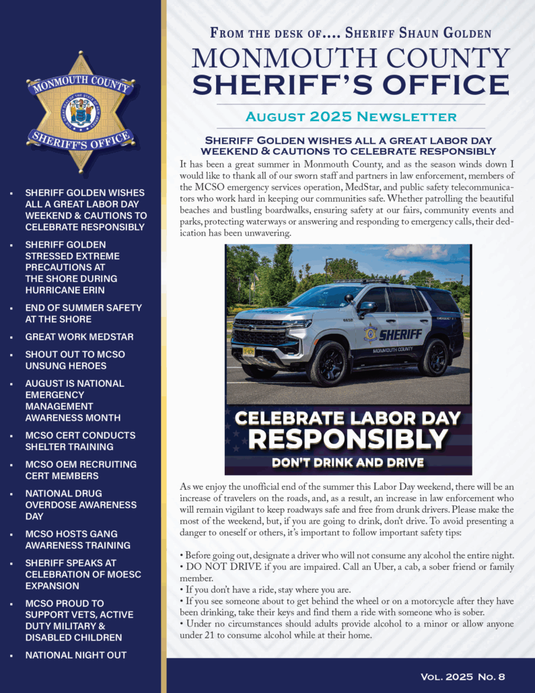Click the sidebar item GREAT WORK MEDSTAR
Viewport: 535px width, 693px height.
pos(79,336)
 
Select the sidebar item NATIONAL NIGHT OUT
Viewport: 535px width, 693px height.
pos(75,655)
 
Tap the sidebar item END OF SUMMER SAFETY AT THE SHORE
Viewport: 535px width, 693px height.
pos(83,313)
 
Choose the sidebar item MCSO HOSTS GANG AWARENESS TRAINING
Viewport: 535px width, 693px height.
pos(78,540)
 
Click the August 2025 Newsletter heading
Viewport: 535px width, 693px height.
pos(351,116)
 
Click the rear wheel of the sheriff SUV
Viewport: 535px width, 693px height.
pos(433,357)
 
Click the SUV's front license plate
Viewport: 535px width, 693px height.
pos(248,351)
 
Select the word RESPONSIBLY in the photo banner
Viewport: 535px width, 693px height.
pos(348,440)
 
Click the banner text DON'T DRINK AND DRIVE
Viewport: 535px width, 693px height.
pos(348,462)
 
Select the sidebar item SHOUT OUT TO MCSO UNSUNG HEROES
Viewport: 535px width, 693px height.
pos(75,360)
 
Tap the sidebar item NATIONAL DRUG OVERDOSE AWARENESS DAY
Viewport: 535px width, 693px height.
pos(81,505)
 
